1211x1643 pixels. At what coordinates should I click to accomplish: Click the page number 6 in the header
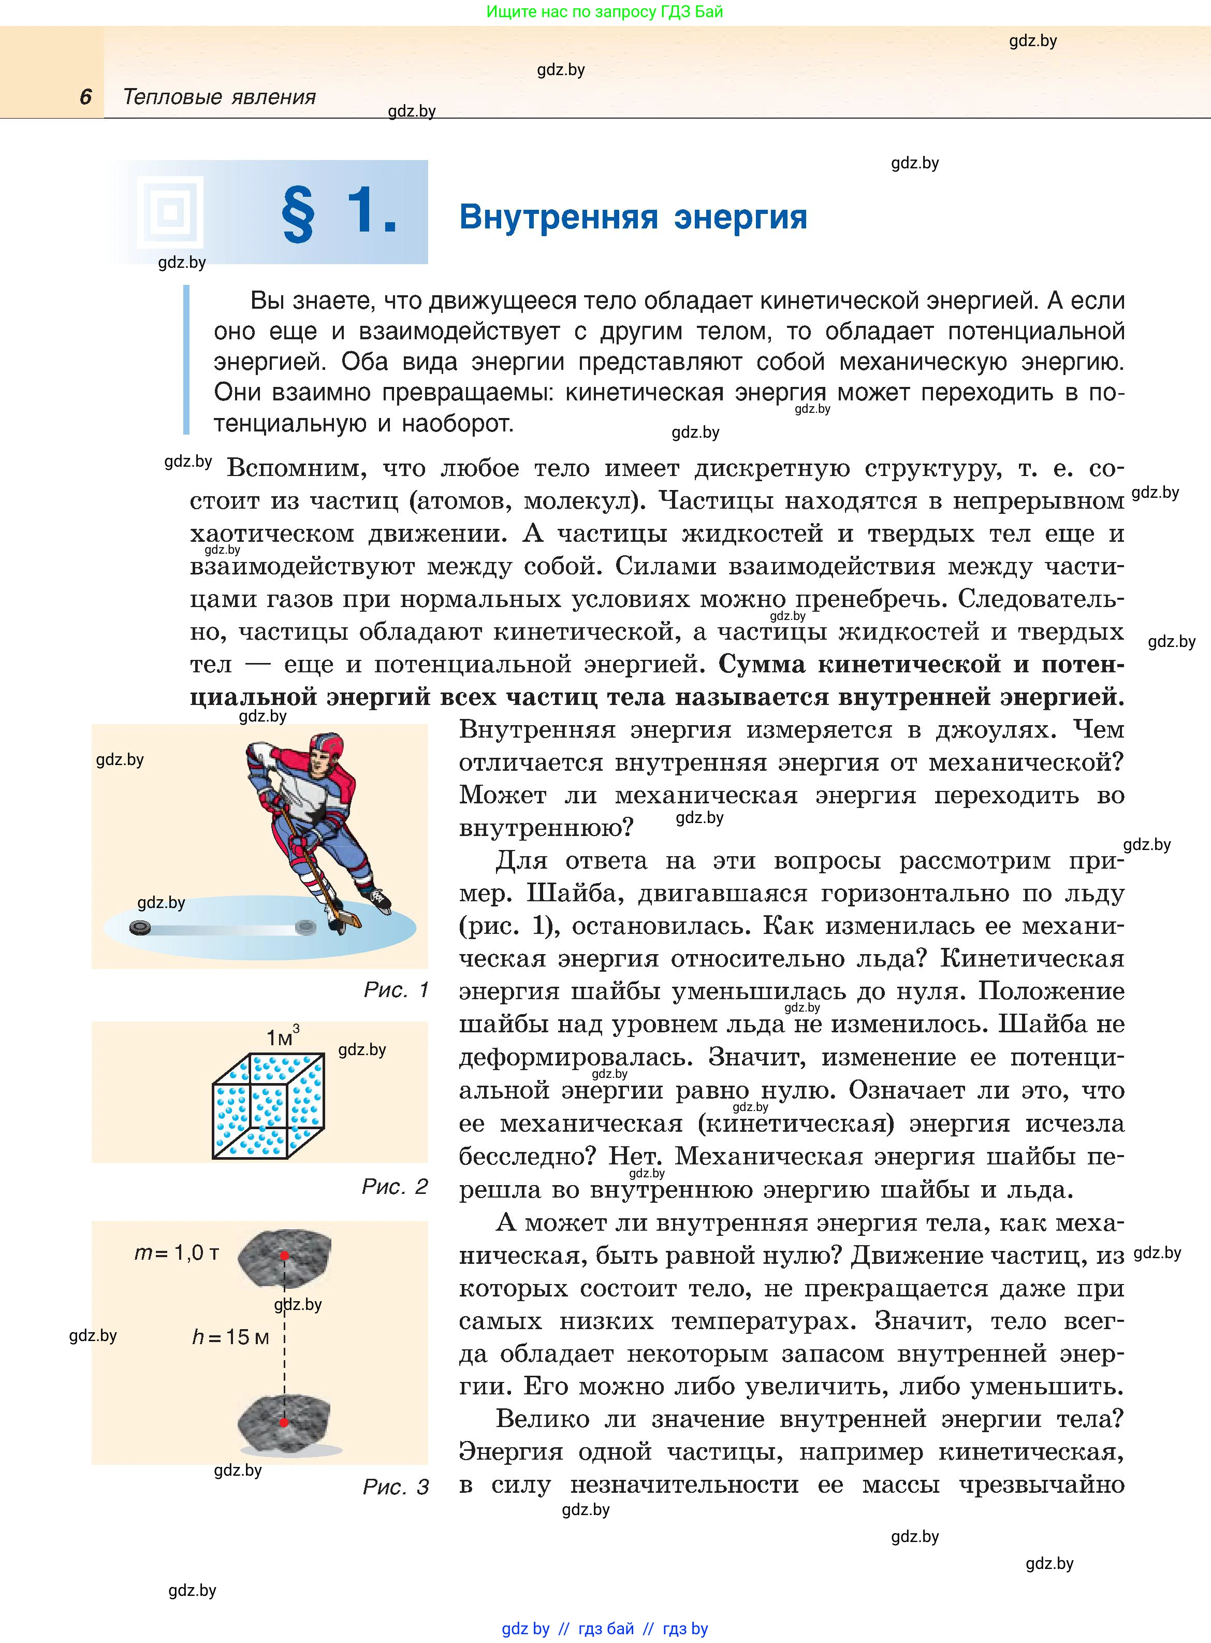pyautogui.click(x=86, y=97)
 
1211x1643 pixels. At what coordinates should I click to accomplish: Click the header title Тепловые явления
pyautogui.click(x=218, y=97)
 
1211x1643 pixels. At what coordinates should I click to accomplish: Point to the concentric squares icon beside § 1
pyautogui.click(x=170, y=212)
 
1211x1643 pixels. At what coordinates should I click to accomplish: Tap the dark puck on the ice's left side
pyautogui.click(x=140, y=928)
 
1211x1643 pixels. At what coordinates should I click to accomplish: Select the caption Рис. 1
pyautogui.click(x=396, y=990)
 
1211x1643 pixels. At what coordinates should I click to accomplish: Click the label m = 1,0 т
pyautogui.click(x=177, y=1253)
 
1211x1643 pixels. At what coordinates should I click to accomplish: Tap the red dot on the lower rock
pyautogui.click(x=284, y=1422)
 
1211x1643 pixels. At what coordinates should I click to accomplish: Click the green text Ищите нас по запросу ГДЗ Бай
pyautogui.click(x=604, y=12)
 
